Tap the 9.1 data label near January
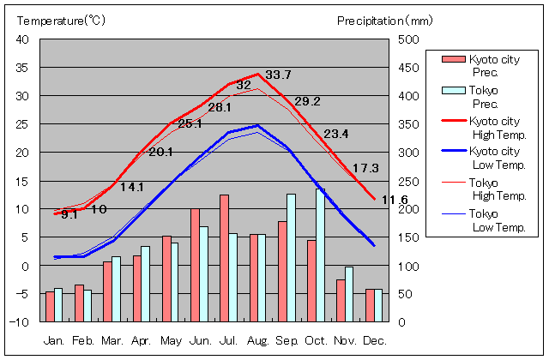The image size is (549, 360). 69,215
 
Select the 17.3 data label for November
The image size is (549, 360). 366,168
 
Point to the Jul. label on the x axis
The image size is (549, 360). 229,340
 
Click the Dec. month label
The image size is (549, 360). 374,340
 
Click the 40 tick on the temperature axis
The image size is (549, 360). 23,39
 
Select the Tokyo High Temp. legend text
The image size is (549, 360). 497,189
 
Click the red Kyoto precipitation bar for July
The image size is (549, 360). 224,257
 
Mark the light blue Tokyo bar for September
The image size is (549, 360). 292,257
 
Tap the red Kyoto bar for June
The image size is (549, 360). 195,264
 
